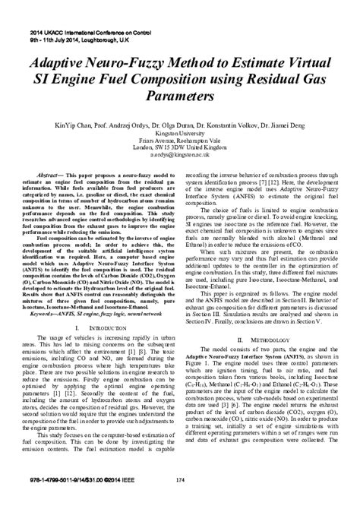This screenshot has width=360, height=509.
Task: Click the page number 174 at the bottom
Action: [x=179, y=500]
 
